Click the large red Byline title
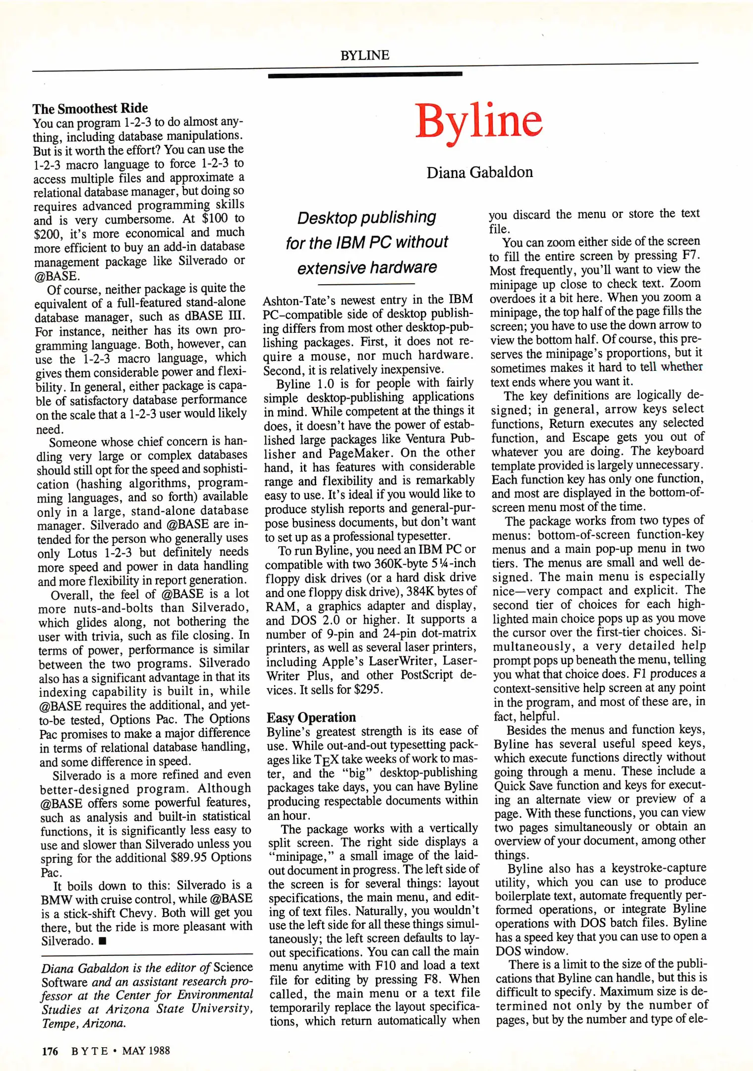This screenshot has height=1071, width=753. [478, 121]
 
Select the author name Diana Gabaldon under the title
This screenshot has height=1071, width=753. [479, 173]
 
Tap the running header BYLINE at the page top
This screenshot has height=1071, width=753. [365, 55]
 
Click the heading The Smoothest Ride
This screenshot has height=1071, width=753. [90, 108]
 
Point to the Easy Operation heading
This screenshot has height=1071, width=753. [311, 717]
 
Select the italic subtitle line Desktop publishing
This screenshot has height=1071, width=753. [366, 218]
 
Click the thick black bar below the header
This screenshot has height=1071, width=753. [365, 75]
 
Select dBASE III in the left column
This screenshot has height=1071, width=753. [216, 317]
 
